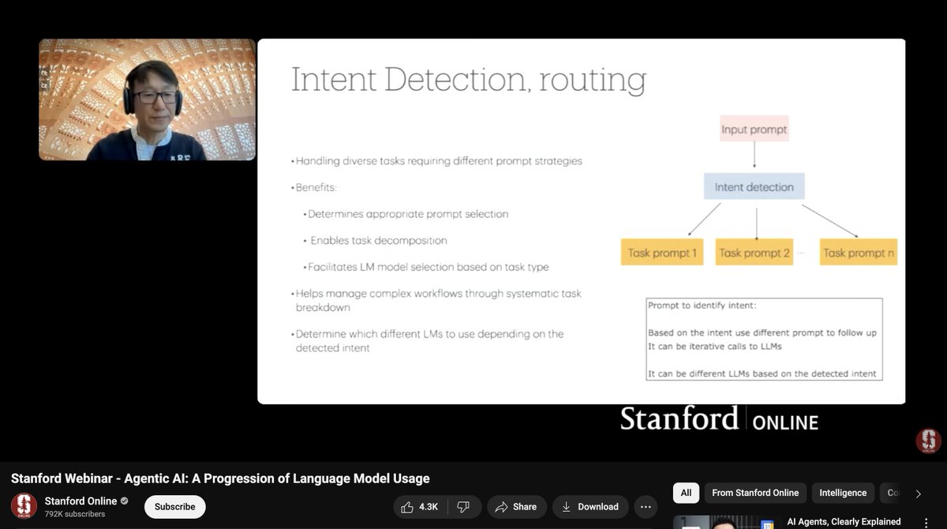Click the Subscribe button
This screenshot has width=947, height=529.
tap(174, 507)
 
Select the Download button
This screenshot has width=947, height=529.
tap(590, 507)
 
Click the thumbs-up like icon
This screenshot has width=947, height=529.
tap(406, 507)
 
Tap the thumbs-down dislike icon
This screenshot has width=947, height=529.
tap(463, 507)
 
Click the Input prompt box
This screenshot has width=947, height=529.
tap(754, 129)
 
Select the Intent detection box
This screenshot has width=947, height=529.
tap(754, 187)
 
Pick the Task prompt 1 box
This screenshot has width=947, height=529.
tap(662, 253)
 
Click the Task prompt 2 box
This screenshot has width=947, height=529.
tap(754, 253)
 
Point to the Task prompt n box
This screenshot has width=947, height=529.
tap(858, 253)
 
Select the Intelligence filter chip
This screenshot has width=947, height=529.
tap(842, 493)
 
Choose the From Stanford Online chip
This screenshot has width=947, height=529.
tap(754, 493)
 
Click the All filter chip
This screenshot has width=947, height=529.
tap(686, 493)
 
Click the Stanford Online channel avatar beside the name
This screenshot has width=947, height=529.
tap(24, 506)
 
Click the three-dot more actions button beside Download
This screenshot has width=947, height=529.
tap(646, 507)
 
